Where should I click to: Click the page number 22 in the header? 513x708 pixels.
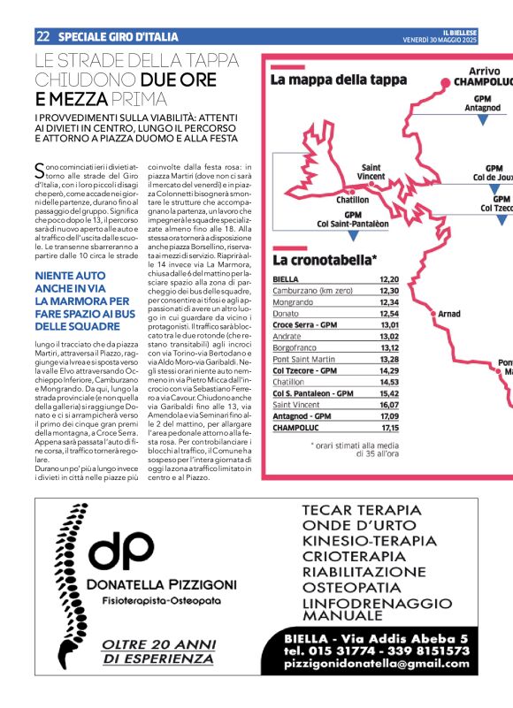[x=42, y=36]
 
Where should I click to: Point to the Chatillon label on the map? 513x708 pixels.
[x=352, y=200]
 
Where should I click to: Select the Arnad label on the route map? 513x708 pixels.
[x=449, y=314]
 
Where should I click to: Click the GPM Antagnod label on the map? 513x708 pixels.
[x=482, y=103]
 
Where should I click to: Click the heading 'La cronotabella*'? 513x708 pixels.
[x=325, y=259]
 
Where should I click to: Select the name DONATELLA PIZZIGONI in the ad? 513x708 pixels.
[x=162, y=584]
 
